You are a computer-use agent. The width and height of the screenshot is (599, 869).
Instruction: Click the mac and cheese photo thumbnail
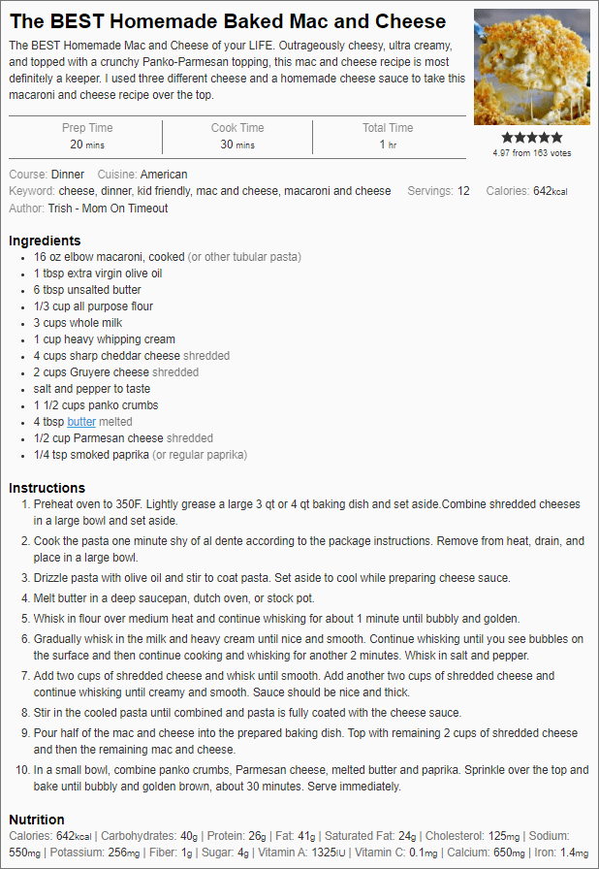(531, 67)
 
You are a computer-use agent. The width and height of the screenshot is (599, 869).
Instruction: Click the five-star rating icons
(531, 138)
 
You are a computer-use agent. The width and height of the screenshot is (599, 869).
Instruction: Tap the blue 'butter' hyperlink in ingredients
(81, 422)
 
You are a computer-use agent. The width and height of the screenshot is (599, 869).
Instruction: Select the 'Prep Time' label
(87, 128)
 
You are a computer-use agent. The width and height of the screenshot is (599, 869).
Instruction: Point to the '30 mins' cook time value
(237, 145)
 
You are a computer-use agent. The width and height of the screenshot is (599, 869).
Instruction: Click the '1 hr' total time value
(388, 145)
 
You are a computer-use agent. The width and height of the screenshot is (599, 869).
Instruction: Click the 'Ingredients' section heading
(45, 241)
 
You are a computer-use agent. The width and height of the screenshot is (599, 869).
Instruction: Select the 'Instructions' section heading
(47, 488)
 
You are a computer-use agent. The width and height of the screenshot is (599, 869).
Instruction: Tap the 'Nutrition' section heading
(37, 820)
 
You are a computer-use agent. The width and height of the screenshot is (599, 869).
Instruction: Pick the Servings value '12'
(463, 191)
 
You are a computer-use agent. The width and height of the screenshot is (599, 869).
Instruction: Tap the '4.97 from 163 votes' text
(531, 153)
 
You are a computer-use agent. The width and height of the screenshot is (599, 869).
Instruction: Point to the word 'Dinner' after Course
(68, 175)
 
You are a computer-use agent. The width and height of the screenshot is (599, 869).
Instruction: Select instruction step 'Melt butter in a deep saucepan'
(174, 598)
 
